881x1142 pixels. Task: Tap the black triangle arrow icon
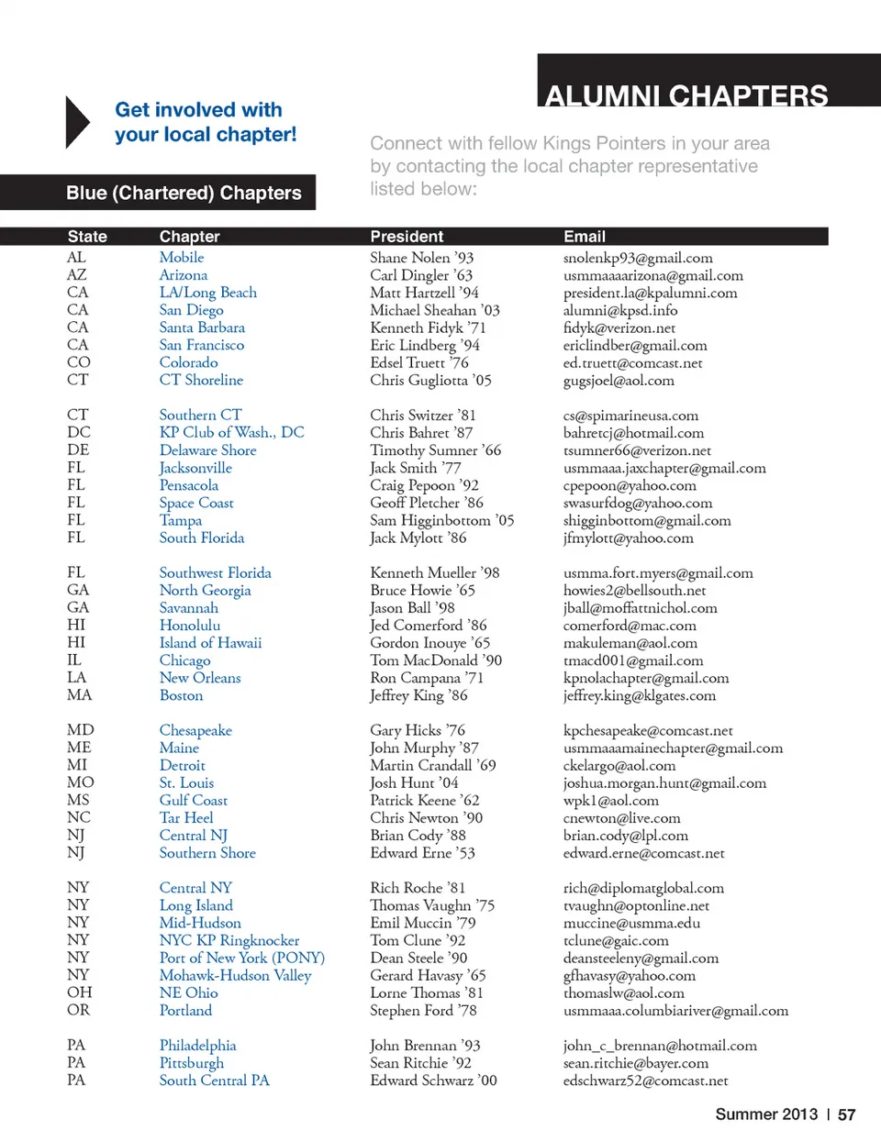point(77,122)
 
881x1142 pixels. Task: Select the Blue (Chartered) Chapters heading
point(184,193)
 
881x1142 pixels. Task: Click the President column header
point(407,237)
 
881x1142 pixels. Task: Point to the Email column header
point(585,237)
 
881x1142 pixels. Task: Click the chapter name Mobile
point(182,258)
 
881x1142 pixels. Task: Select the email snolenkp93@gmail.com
point(638,259)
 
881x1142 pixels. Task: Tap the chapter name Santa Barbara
point(202,327)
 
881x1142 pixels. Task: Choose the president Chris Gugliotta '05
point(430,380)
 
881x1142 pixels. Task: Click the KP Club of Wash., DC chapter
point(231,432)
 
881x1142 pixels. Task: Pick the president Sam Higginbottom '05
point(441,520)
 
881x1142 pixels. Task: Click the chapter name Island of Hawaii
point(210,643)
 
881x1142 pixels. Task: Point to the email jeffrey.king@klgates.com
point(639,695)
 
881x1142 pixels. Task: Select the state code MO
point(80,782)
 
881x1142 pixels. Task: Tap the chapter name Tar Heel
point(186,817)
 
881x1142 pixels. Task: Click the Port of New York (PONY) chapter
point(242,958)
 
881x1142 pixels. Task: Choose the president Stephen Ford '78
point(423,1010)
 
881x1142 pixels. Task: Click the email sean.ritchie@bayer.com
point(636,1063)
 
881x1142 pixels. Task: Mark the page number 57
point(846,1114)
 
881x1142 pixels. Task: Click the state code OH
point(80,992)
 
